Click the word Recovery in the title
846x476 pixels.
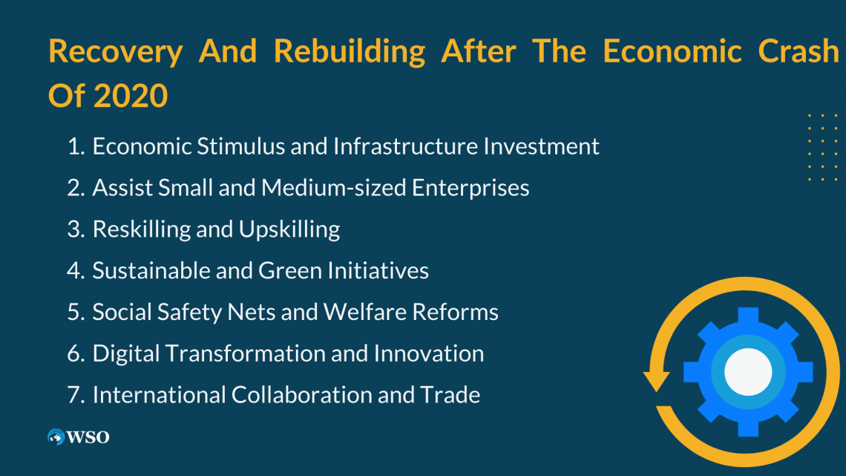[x=115, y=51]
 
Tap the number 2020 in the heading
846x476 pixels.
[x=131, y=97]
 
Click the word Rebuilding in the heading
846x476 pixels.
[x=350, y=51]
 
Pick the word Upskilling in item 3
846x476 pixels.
[x=289, y=229]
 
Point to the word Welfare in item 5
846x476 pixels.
[x=354, y=312]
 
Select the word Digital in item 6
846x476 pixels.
[x=125, y=353]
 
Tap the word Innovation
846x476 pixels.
[x=428, y=353]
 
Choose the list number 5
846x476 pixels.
[x=75, y=312]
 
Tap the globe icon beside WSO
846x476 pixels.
[x=56, y=437]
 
